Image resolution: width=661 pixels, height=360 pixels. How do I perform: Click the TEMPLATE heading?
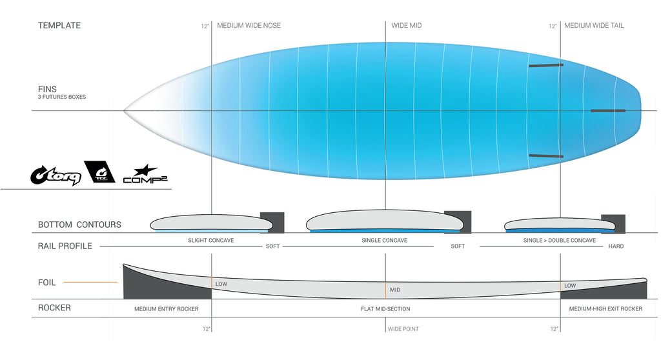pos(59,25)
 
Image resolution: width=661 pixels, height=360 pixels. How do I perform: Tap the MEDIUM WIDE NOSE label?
pos(249,25)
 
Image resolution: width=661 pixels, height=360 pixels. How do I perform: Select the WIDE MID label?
pos(407,25)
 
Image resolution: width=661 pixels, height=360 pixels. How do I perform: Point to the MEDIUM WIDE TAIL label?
pos(594,25)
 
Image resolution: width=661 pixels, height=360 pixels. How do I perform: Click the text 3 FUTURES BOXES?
pos(62,97)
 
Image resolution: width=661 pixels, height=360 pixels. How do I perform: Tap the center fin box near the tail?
pos(608,111)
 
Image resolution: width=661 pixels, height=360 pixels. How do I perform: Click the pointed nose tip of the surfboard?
pos(124,110)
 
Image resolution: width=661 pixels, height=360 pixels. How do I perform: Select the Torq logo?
pos(56,175)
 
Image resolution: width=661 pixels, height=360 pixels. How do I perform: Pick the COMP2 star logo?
pos(145,174)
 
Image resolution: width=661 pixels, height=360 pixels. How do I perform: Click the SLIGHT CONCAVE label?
pos(211,240)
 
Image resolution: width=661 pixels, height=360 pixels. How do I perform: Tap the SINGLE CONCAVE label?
pos(385,240)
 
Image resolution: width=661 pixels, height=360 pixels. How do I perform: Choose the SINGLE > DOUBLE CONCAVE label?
pos(560,240)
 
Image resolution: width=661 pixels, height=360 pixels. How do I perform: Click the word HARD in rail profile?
pos(616,246)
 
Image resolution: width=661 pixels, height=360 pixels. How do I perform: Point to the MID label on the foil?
pos(395,290)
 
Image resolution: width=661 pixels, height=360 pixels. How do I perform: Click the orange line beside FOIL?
pos(90,282)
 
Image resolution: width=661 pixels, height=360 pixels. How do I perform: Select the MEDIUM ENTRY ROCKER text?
pos(166,309)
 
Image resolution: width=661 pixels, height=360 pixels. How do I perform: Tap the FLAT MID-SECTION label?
pos(385,309)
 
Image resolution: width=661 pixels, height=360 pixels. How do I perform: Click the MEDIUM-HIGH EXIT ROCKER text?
pos(605,309)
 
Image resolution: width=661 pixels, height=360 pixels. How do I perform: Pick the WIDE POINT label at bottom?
pos(403,329)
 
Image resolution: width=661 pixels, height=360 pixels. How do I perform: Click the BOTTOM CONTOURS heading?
pos(79,225)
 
